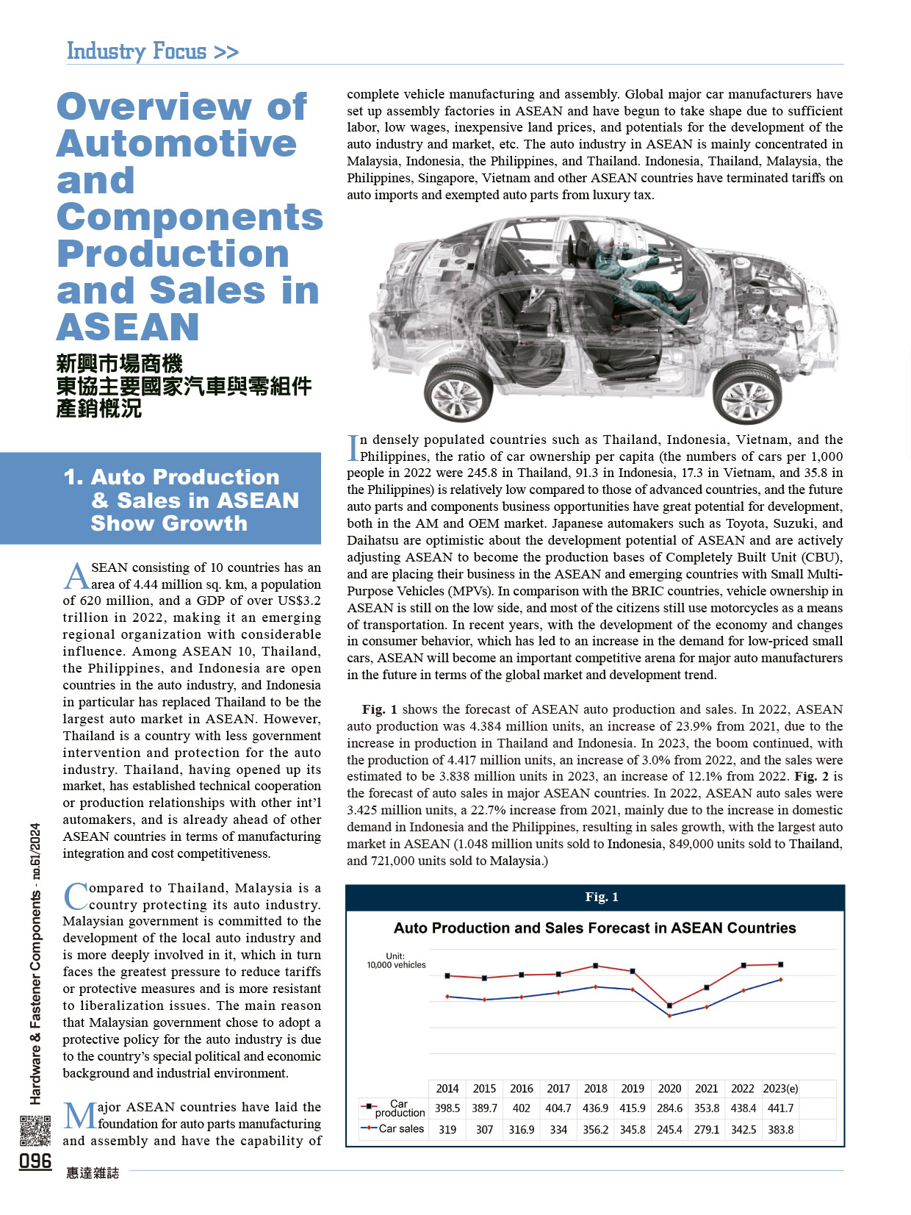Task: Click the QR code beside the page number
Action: point(35,1130)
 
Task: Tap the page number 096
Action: point(35,1161)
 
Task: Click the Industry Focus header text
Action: point(152,51)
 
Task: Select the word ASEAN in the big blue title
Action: point(128,327)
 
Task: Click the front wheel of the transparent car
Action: point(748,393)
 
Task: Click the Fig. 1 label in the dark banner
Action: point(601,897)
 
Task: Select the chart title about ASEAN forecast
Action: point(594,928)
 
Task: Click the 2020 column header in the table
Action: point(669,1089)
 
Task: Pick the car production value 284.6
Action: point(669,1108)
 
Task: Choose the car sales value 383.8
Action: point(780,1129)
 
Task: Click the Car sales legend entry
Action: point(393,1128)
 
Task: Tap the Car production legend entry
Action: point(393,1108)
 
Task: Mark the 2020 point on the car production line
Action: point(669,1006)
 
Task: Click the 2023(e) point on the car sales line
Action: point(780,980)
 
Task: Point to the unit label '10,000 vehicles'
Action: point(396,964)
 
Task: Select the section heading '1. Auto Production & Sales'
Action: point(181,500)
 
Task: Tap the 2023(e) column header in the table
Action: point(780,1089)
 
